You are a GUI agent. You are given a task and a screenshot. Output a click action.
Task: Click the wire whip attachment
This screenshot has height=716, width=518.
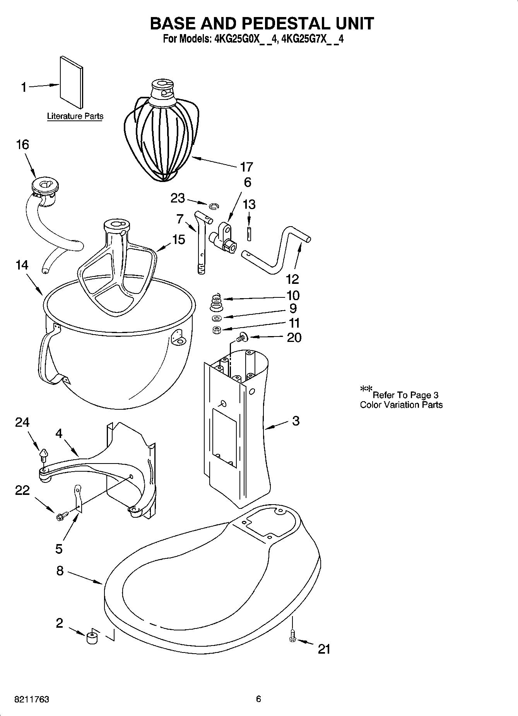pyautogui.click(x=161, y=136)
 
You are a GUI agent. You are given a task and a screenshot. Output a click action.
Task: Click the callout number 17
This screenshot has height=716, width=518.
pyautogui.click(x=246, y=167)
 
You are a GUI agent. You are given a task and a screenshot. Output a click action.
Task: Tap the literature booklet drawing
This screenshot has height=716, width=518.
pyautogui.click(x=71, y=82)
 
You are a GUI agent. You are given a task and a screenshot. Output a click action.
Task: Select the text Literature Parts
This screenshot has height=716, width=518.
pyautogui.click(x=75, y=116)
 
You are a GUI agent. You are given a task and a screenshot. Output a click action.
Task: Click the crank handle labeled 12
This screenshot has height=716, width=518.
pyautogui.click(x=279, y=252)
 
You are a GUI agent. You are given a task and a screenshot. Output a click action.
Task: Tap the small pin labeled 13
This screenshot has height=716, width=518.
pyautogui.click(x=249, y=234)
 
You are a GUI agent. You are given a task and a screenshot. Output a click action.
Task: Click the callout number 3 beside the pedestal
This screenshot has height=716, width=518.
pyautogui.click(x=296, y=421)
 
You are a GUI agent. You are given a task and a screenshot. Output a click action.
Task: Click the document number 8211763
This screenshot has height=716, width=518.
pyautogui.click(x=32, y=699)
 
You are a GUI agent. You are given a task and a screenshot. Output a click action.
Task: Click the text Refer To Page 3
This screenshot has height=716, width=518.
pyautogui.click(x=405, y=395)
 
